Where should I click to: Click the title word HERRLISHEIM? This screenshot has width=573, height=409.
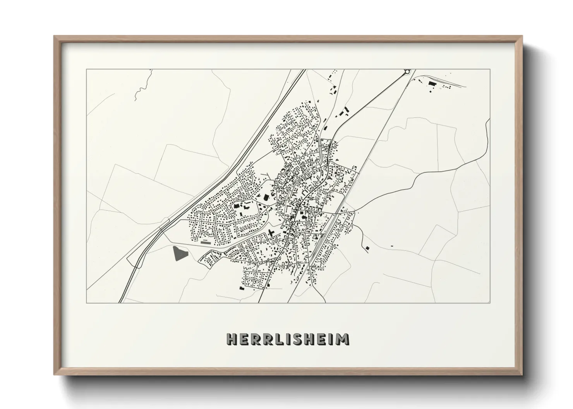(x=288, y=339)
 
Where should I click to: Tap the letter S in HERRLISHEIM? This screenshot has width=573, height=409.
(x=296, y=339)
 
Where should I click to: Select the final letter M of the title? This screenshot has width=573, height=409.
(x=343, y=339)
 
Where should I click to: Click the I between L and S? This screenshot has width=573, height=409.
(x=286, y=339)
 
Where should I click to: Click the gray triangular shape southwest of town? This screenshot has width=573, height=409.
(x=179, y=254)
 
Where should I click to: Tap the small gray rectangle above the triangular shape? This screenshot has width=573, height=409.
(x=206, y=243)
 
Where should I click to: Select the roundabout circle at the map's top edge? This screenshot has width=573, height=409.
(x=407, y=72)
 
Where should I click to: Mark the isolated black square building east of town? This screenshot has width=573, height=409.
(x=367, y=247)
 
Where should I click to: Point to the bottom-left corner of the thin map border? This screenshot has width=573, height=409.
(x=87, y=303)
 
